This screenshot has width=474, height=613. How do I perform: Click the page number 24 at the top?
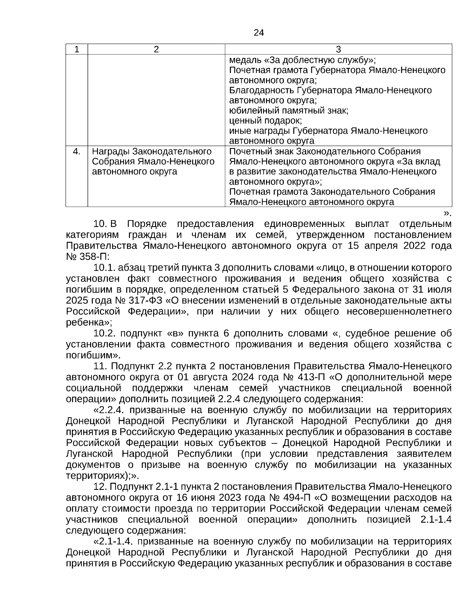tap(259, 32)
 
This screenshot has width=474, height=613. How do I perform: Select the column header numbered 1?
tap(77, 49)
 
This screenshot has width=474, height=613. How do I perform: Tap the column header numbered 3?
tap(338, 49)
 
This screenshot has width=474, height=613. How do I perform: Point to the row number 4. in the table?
tap(77, 152)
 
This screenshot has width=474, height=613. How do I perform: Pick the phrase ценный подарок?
tap(265, 120)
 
